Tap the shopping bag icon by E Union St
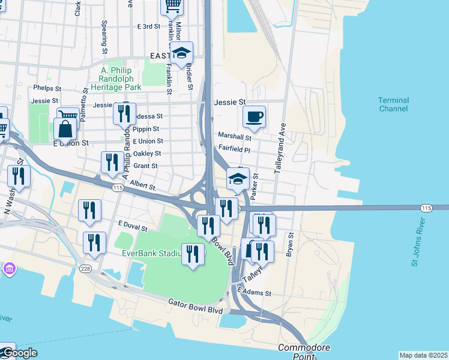point(65,128)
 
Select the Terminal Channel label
point(393,104)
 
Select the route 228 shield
point(86,269)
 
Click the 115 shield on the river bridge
point(426,208)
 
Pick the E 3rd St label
point(149,26)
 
